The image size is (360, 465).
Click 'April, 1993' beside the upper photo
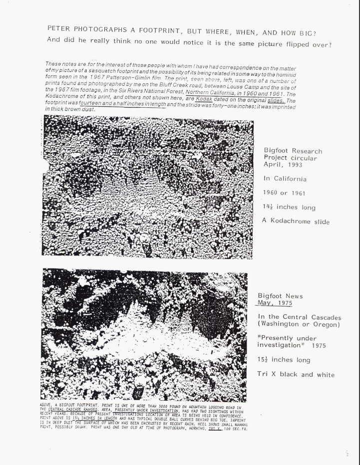point(282,165)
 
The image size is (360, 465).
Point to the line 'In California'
point(285,179)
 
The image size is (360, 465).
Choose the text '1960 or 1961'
point(284,193)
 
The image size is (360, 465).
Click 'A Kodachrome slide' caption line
point(297,222)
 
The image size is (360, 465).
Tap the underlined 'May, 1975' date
point(275,303)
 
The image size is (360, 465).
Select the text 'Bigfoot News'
point(280,296)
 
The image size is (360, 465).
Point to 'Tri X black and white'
point(296,374)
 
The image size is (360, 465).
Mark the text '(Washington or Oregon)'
point(299,324)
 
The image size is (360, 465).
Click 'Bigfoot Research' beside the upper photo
point(293,151)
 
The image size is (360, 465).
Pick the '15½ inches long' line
point(284,360)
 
